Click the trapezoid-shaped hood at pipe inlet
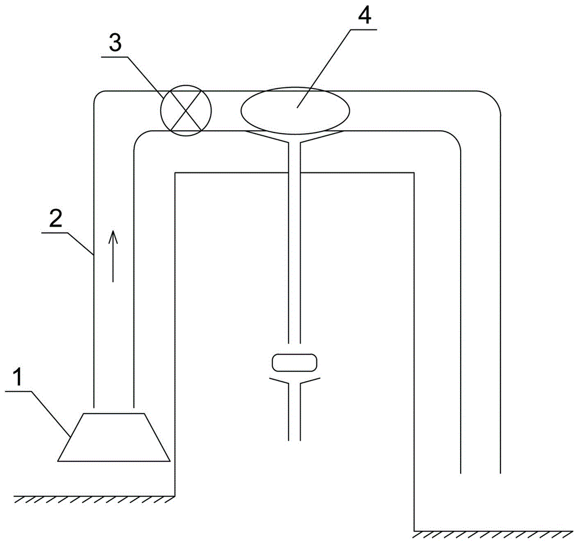[114, 437]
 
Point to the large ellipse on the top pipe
[295, 109]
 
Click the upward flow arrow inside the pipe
[113, 254]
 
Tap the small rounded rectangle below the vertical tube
[294, 363]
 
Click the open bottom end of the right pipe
[480, 472]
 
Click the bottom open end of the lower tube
[294, 439]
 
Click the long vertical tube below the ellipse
[294, 243]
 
